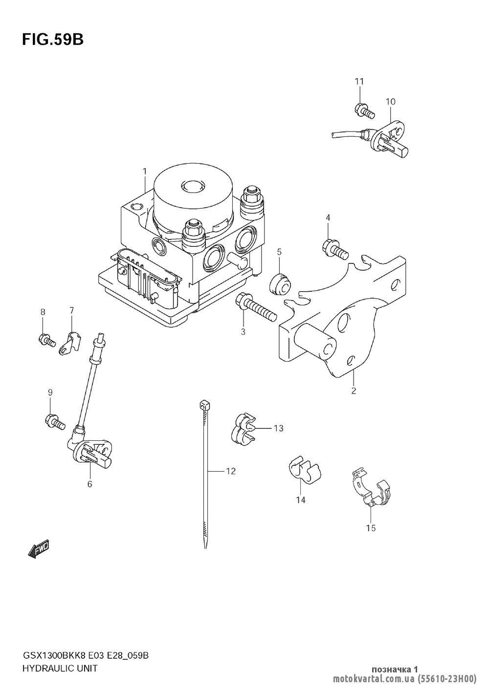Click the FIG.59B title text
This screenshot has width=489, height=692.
click(53, 40)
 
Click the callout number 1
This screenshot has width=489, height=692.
click(144, 171)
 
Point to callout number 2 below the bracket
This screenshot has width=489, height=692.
click(354, 391)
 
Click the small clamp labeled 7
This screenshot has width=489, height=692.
click(70, 343)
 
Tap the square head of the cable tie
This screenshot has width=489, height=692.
click(204, 404)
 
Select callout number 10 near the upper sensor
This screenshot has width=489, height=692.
click(390, 101)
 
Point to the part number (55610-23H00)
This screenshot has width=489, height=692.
click(446, 678)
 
